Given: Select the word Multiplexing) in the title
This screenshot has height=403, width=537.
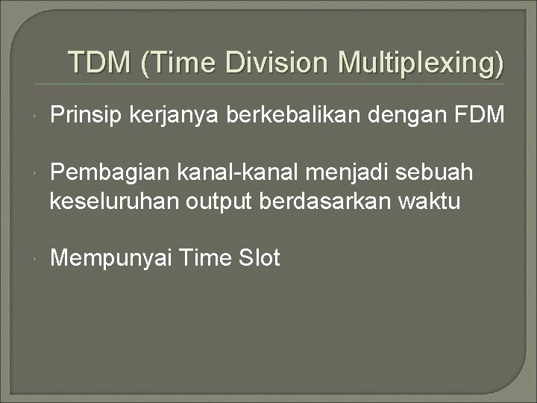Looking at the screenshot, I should [421, 63].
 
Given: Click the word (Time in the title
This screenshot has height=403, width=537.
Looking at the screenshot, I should [178, 63].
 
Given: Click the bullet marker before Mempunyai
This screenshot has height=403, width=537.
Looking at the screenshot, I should [36, 259].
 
